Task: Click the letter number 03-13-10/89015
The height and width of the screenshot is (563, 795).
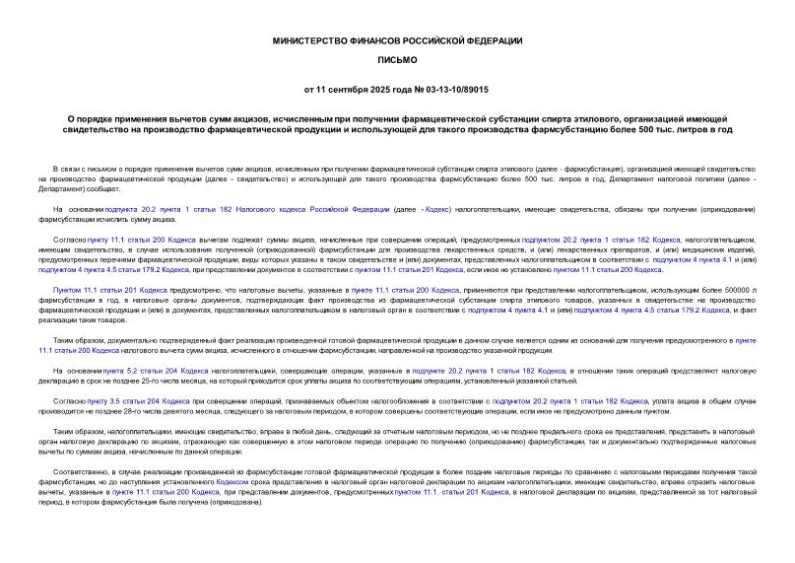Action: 457,89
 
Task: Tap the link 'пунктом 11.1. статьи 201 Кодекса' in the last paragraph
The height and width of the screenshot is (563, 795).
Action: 437,490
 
